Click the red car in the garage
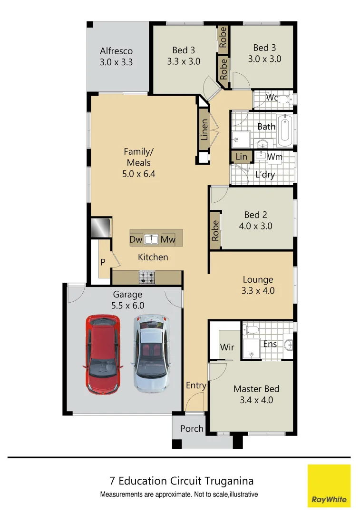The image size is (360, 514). pos(101,354)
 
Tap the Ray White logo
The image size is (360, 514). pos(329,485)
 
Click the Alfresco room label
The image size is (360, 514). pos(116,51)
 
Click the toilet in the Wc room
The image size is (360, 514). pos(284,99)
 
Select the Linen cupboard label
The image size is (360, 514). pos(204,129)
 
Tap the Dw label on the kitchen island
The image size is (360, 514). pos(136,239)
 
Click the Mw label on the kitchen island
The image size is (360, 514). pos(168,239)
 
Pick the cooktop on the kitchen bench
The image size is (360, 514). pos(146,277)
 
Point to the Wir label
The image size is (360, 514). pos(227,347)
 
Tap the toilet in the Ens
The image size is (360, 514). pos(251,329)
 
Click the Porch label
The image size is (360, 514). pos(192,428)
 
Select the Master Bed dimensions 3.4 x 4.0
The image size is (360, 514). pos(256,400)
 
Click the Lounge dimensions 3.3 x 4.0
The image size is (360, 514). pos(258,291)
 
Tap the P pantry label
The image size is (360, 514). pos(102,262)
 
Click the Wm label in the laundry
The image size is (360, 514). pos(274,157)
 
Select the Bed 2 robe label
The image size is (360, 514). pos(215,231)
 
